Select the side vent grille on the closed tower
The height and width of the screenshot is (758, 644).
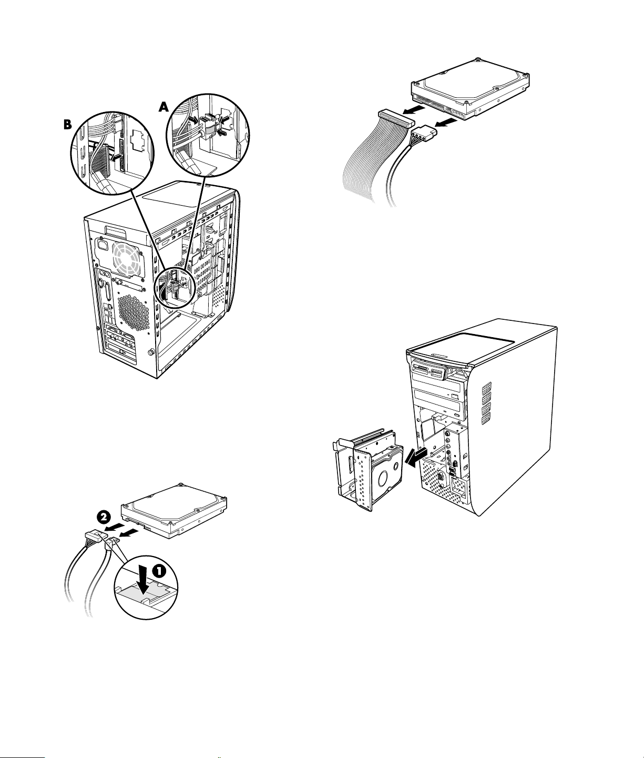486,402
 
